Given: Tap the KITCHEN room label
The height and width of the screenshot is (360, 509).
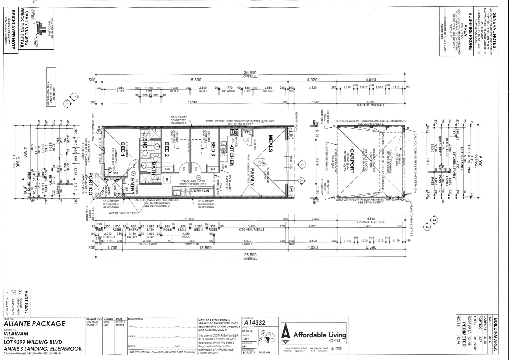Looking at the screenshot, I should point(231,155).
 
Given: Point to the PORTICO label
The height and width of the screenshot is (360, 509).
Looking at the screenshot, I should point(90,184).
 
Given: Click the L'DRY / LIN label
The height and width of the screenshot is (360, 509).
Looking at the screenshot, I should point(200,191).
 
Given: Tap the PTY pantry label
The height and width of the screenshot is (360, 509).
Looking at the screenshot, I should point(247,132).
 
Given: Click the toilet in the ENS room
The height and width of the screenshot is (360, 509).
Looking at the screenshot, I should point(145,153).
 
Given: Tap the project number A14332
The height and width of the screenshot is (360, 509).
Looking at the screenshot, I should point(254,323).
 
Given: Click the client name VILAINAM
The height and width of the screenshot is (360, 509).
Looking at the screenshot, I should point(16,333).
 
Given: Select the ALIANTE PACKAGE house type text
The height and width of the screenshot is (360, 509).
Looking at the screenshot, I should point(34,324).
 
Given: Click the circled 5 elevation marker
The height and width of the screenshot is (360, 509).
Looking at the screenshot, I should point(302,164).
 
